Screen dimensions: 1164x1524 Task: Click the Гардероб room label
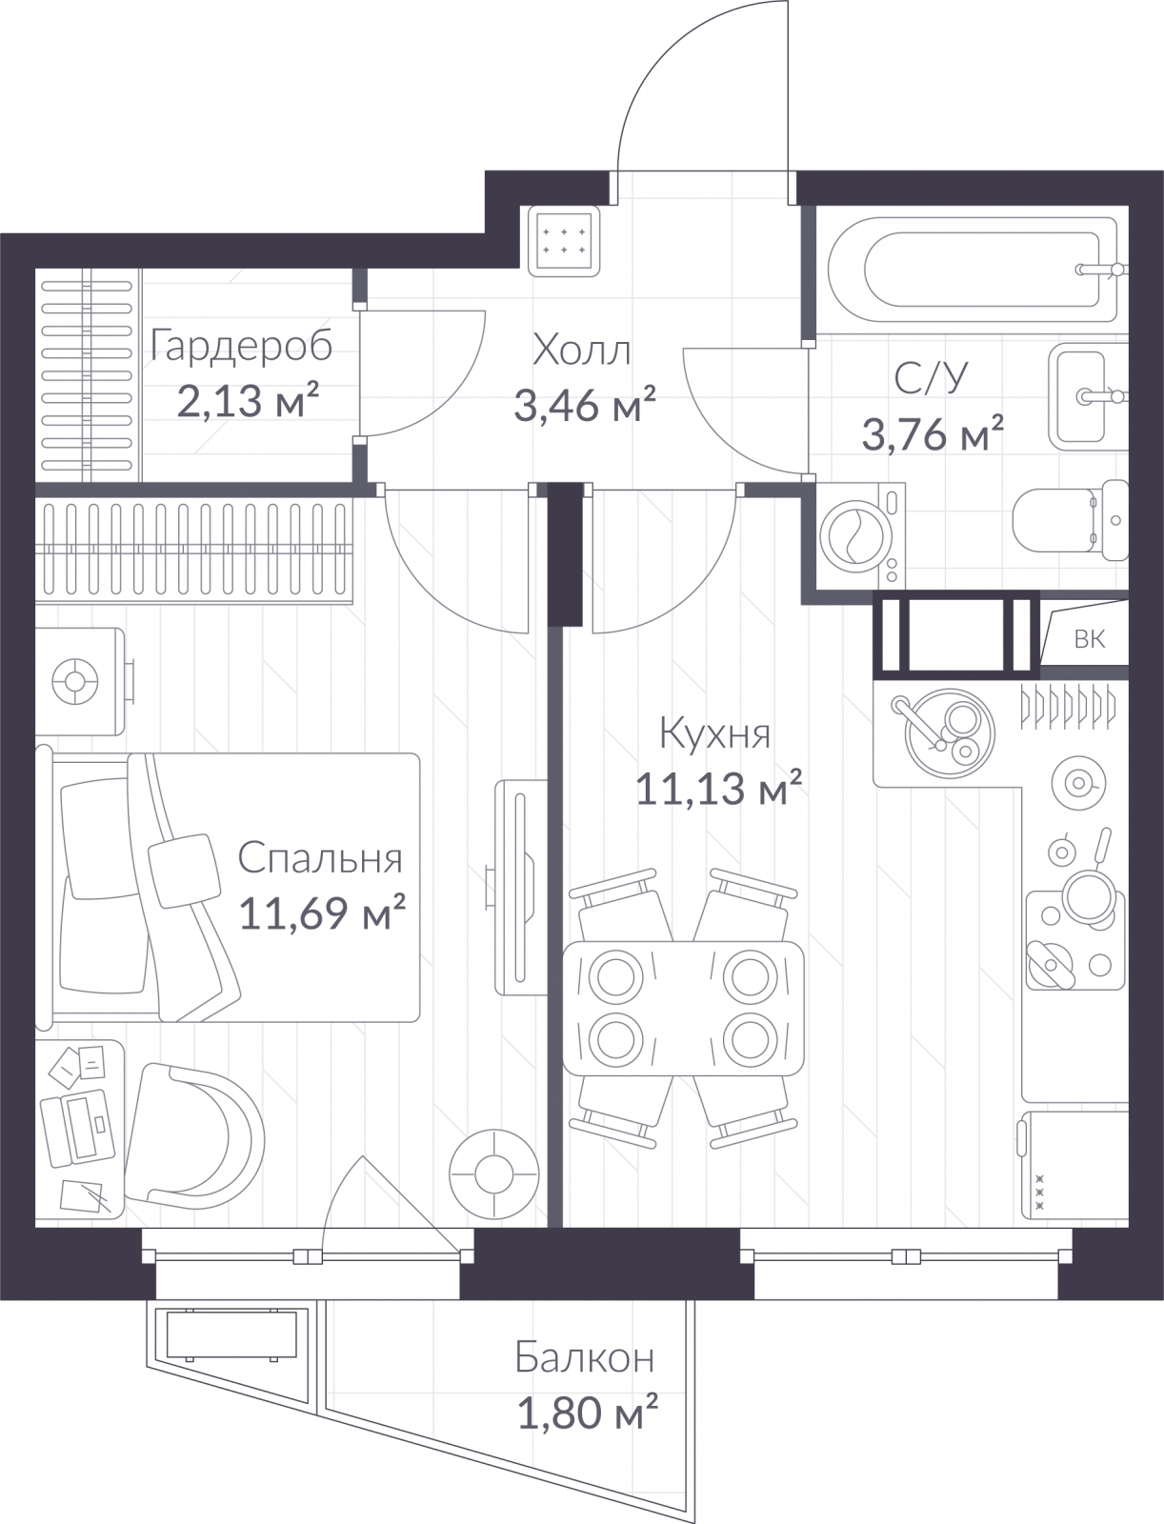pos(241,347)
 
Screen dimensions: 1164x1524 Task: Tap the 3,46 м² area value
pos(585,405)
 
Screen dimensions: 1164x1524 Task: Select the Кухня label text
pos(714,733)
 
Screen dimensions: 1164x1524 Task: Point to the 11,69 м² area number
pos(322,912)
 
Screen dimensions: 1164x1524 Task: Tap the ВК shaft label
pos(1089,639)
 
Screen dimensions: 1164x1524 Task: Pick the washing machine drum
pos(855,536)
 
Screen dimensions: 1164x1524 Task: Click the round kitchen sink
pos(950,733)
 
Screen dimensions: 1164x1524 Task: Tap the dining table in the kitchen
pos(683,1008)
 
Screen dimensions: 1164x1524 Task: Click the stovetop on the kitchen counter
pos(1075,939)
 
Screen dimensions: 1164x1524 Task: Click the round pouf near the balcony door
pos(494,1174)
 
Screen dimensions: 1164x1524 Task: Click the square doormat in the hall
pos(564,241)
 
